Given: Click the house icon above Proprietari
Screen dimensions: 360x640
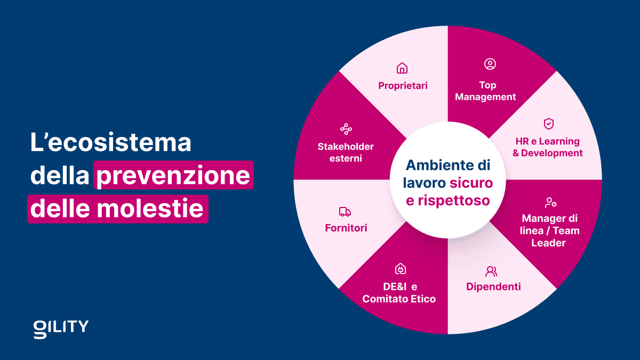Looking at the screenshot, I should click(x=402, y=68).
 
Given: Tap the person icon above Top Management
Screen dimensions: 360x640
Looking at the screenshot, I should click(x=490, y=64).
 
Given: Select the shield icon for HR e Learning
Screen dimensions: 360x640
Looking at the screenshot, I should click(x=548, y=124).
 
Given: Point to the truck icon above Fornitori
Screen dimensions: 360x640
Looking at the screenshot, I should click(x=345, y=212).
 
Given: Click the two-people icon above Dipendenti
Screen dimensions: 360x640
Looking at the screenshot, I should click(x=491, y=271).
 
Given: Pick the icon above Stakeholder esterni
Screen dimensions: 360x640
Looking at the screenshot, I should click(x=346, y=129).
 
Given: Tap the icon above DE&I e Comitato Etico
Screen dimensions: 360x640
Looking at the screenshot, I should click(x=400, y=269).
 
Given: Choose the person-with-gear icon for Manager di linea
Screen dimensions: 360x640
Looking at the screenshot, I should click(x=550, y=203).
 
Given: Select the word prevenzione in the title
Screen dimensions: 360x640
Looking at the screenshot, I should click(x=173, y=175).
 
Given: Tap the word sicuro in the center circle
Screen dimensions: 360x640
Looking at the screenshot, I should click(x=471, y=183).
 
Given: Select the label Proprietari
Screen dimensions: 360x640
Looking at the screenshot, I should click(x=403, y=85).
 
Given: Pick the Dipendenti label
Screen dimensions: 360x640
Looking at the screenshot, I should click(x=493, y=286).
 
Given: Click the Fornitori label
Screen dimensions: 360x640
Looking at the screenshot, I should click(x=346, y=228).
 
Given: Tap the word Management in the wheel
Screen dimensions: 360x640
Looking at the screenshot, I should click(x=485, y=97).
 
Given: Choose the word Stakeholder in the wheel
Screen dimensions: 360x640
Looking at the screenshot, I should click(x=346, y=146).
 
